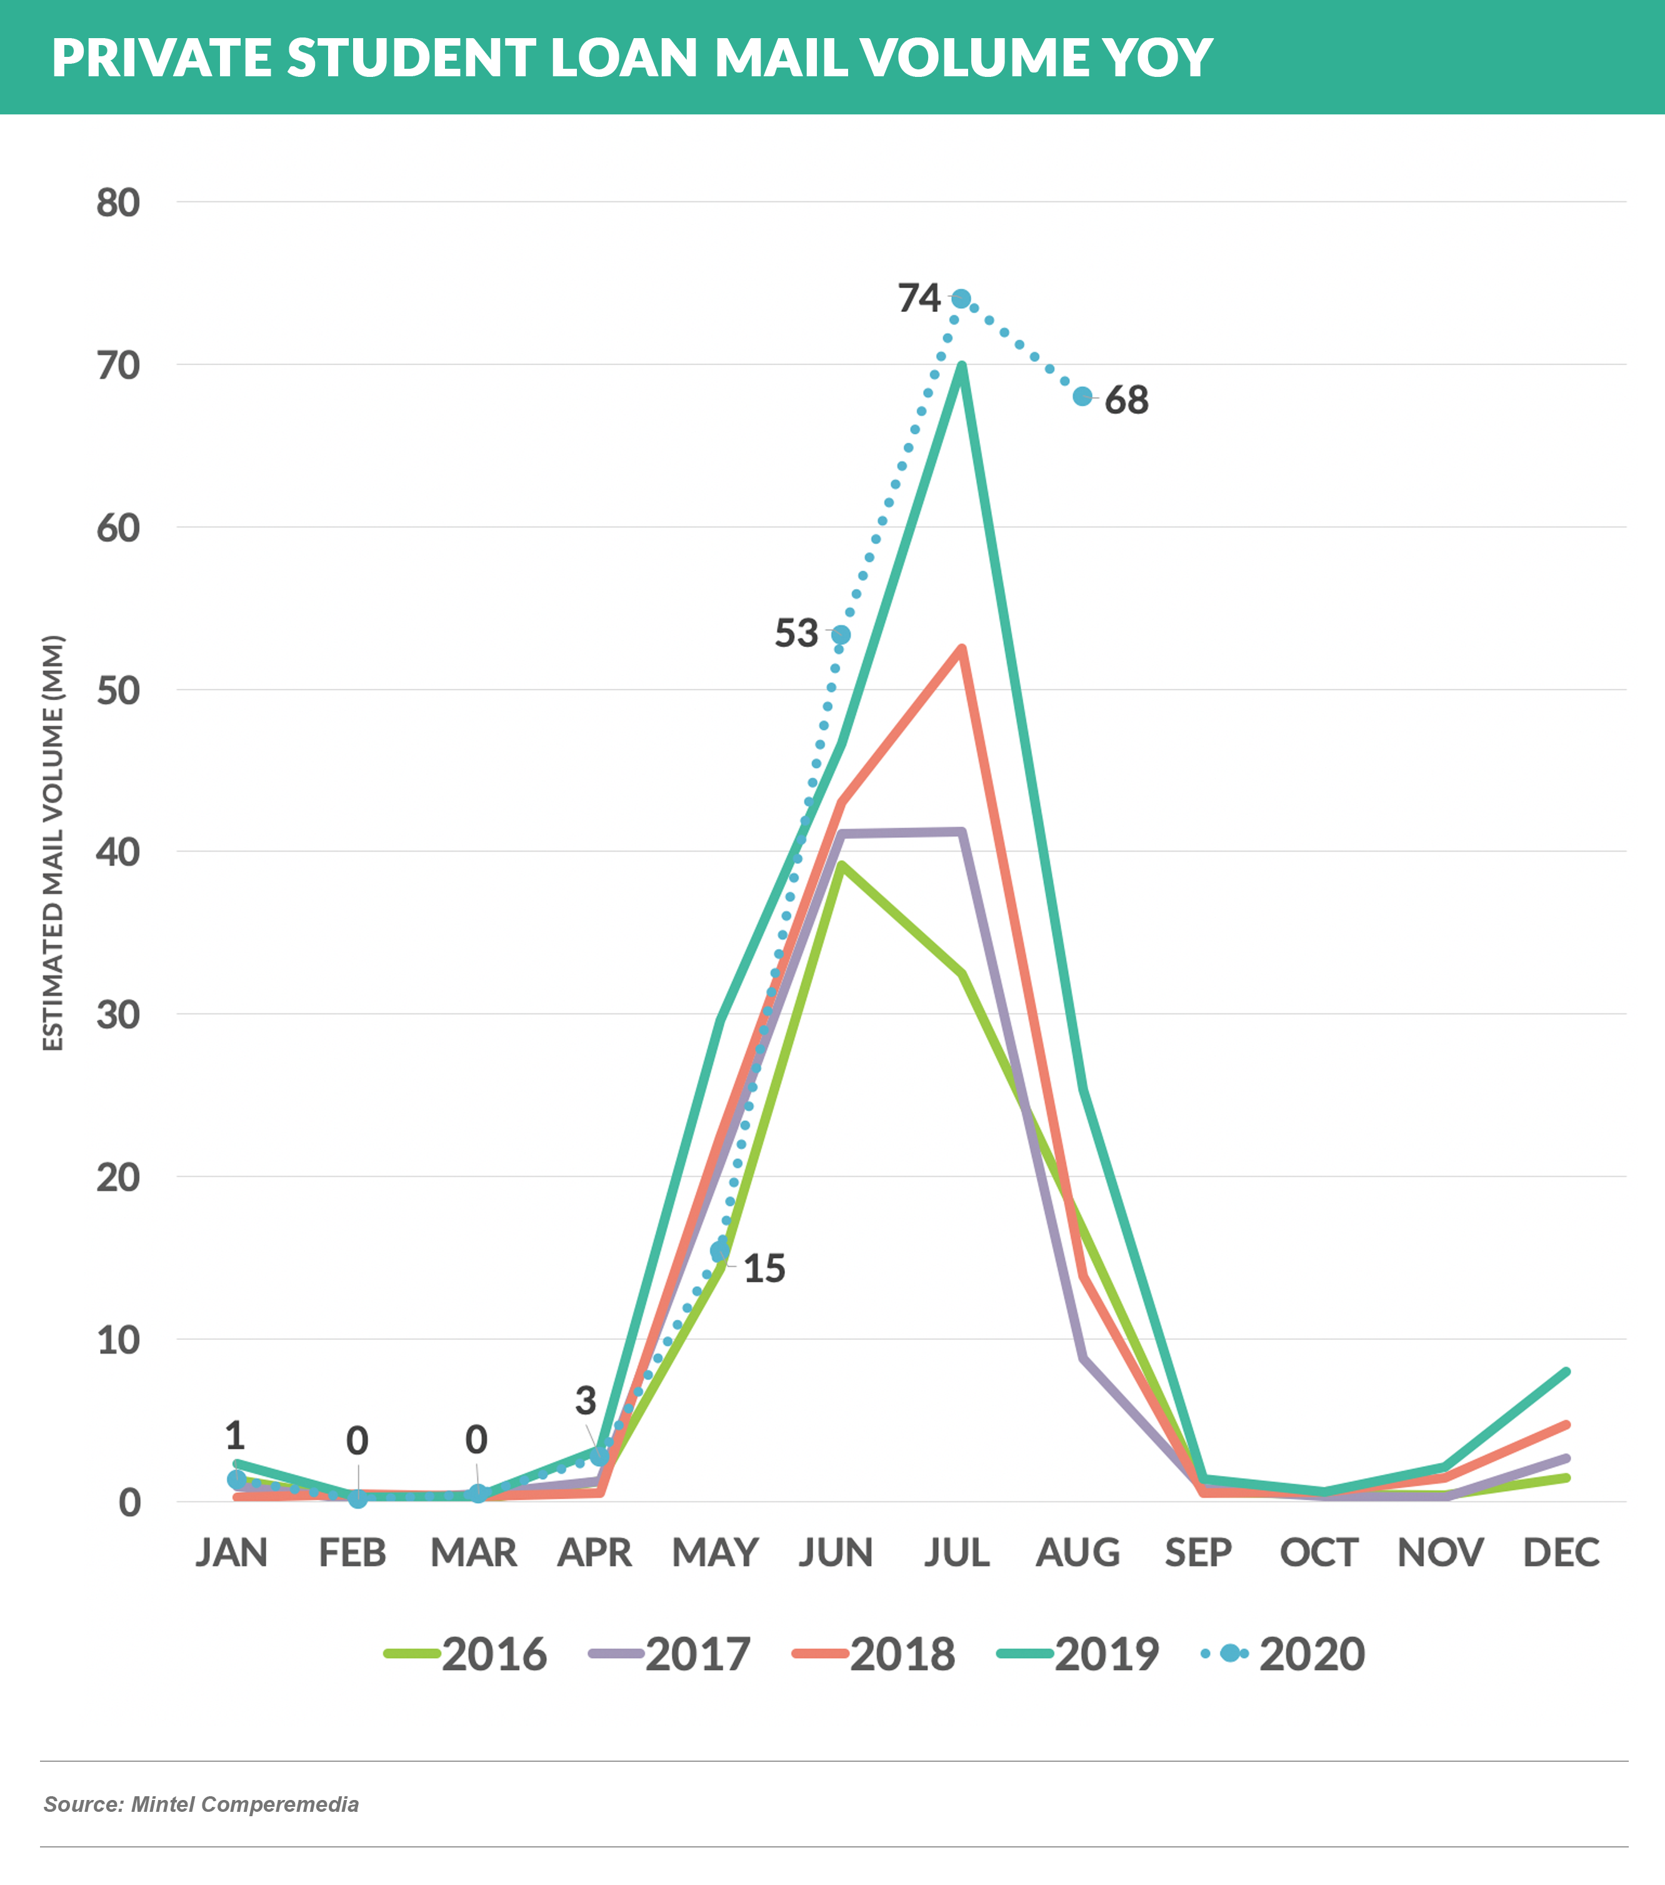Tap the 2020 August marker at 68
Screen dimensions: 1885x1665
pyautogui.click(x=1082, y=396)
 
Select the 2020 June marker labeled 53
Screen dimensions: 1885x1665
pyautogui.click(x=841, y=635)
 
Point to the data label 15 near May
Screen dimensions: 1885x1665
pyautogui.click(x=764, y=1269)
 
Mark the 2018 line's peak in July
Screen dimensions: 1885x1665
pyautogui.click(x=962, y=648)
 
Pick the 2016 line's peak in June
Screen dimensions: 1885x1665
pyautogui.click(x=841, y=864)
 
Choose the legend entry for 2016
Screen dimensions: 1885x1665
pyautogui.click(x=466, y=1654)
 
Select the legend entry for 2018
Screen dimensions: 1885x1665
pyautogui.click(x=874, y=1654)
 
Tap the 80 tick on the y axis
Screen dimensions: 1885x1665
pyautogui.click(x=118, y=203)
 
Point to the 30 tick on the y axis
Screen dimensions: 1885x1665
pyautogui.click(x=118, y=1015)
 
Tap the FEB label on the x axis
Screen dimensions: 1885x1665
pyautogui.click(x=352, y=1553)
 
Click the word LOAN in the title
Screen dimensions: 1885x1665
pyautogui.click(x=625, y=57)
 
